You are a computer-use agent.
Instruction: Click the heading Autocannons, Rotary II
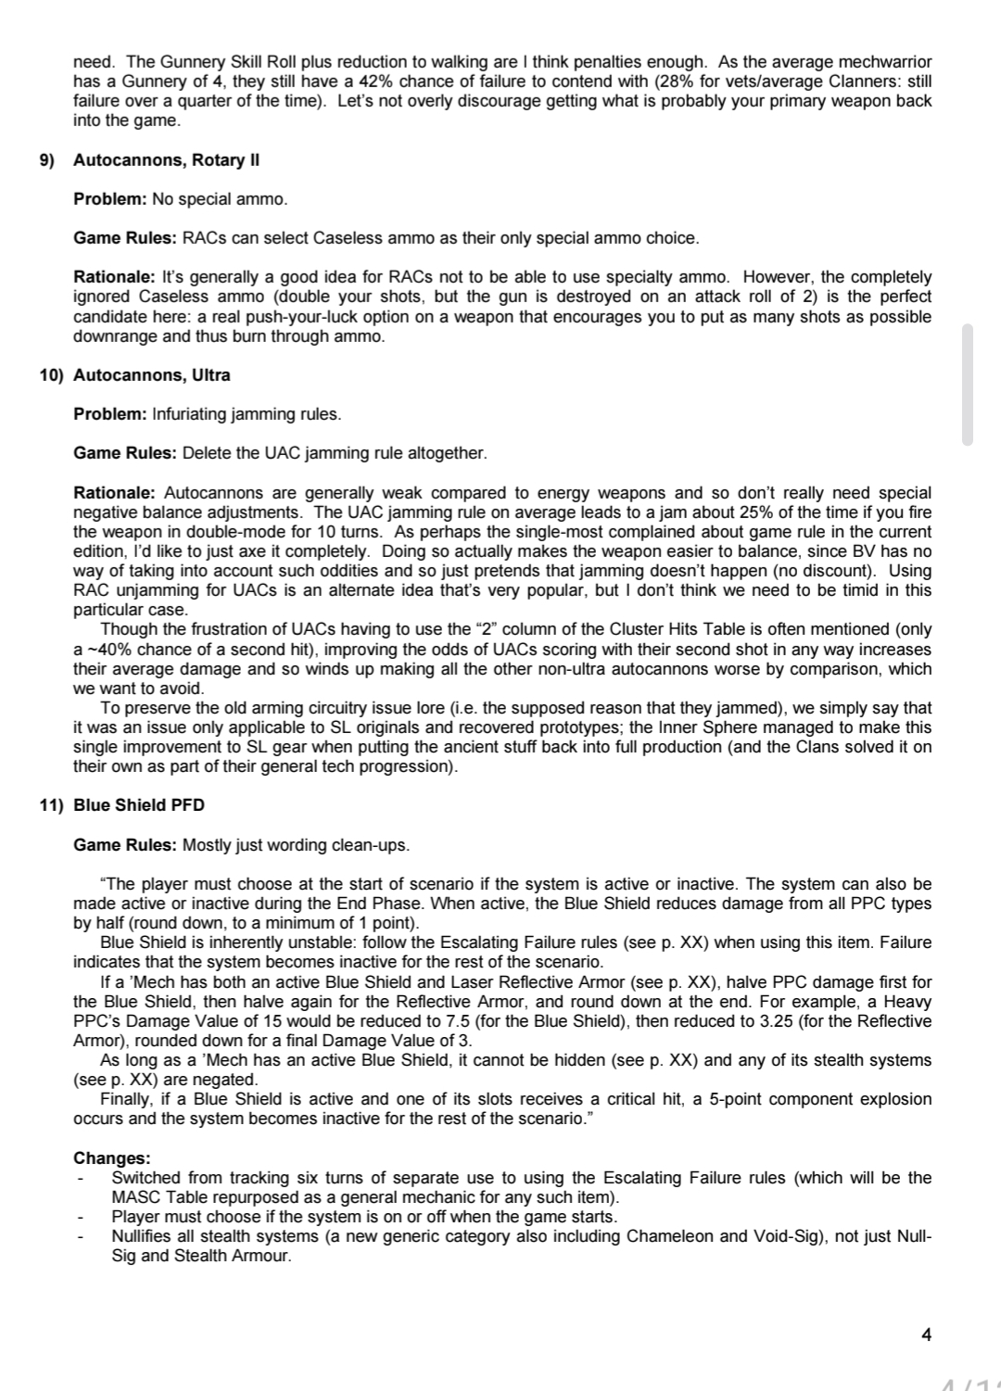(x=166, y=160)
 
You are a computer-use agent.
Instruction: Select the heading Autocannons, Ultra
(x=152, y=375)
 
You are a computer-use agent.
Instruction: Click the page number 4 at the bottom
(x=927, y=1334)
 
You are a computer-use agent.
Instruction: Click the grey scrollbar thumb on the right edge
(x=968, y=385)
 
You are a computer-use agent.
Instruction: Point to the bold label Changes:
(x=111, y=1158)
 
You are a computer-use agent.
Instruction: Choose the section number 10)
(x=51, y=375)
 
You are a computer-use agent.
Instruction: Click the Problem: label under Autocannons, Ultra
(x=110, y=414)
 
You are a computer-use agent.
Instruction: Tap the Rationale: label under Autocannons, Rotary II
(x=114, y=277)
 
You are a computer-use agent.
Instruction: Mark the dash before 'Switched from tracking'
(x=82, y=1179)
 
